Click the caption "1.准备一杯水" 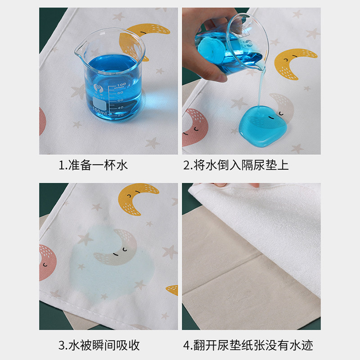(x=93, y=165)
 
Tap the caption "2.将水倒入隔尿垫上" (x=236, y=165)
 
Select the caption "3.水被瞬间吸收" (x=99, y=345)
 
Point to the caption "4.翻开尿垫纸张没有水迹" (x=248, y=345)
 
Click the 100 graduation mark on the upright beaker (x=121, y=85)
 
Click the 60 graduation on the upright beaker (x=120, y=100)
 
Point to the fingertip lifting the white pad (x=220, y=185)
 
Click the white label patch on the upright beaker (x=99, y=103)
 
